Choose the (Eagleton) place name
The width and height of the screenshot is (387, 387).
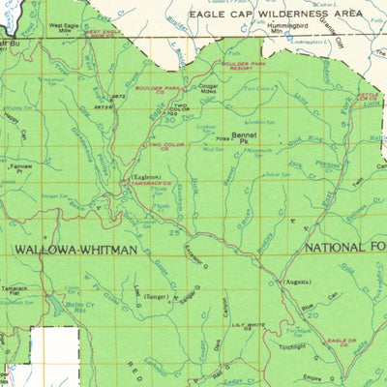pos(144,178)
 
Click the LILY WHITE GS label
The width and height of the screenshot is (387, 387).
pos(252,327)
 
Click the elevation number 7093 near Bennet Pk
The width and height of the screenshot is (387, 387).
pos(223,137)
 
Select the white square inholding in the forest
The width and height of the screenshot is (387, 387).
pos(51,345)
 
